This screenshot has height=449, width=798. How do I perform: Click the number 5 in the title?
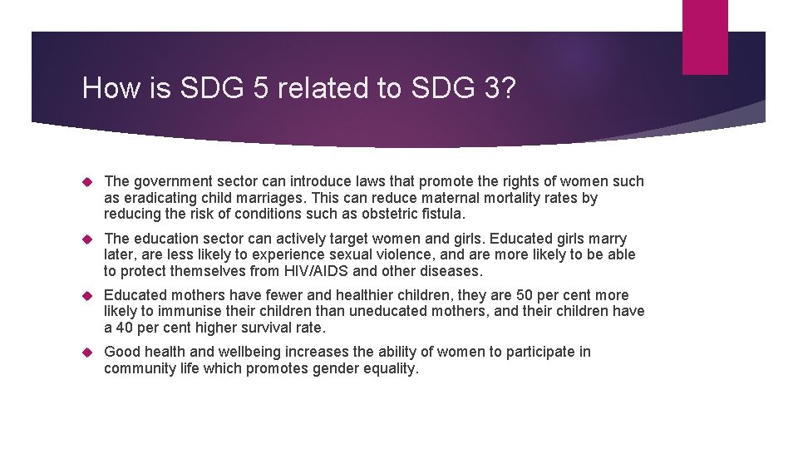pyautogui.click(x=261, y=87)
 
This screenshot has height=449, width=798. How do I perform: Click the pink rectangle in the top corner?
pyautogui.click(x=705, y=37)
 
